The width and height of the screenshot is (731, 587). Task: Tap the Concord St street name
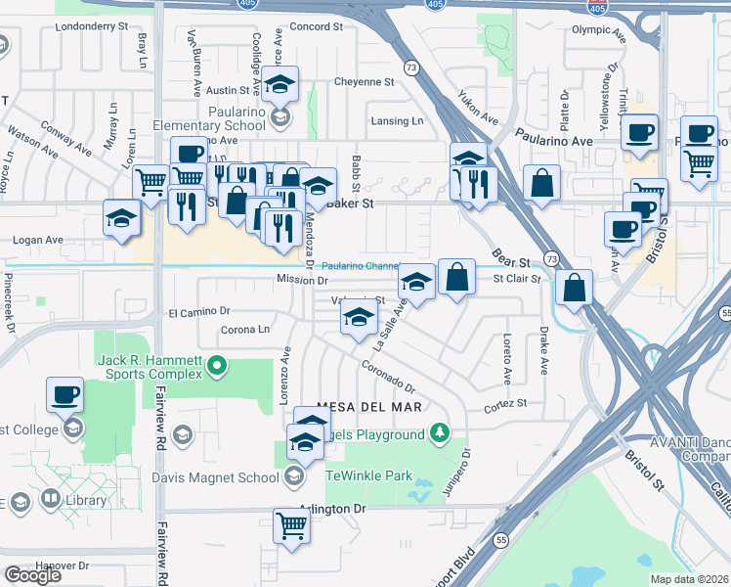coord(315,26)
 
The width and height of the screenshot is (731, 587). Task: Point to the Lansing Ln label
coord(398,120)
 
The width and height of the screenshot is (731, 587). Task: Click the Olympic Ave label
coord(597,30)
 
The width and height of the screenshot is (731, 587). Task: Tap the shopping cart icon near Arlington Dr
coord(292,526)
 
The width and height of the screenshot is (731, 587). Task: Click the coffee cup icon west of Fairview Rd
coord(65,395)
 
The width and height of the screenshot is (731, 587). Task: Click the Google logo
coord(31,574)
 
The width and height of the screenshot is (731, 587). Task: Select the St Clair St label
coord(516,279)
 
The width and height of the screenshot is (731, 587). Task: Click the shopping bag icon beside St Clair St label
coord(456,277)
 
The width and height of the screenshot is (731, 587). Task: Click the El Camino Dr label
coord(198,312)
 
